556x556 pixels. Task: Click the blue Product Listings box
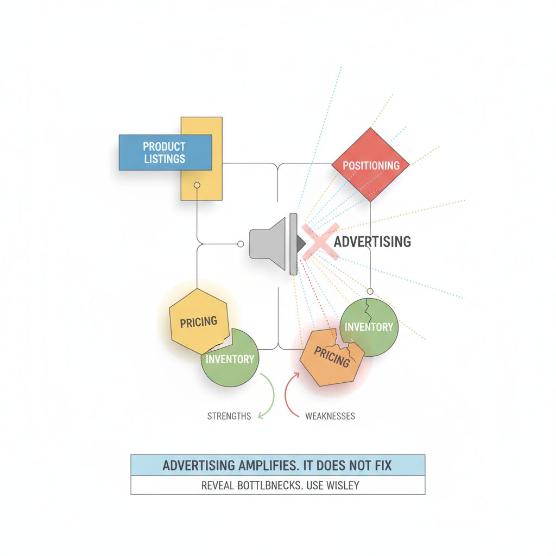[165, 153]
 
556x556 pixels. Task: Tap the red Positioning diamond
[370, 165]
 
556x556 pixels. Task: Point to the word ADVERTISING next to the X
[372, 242]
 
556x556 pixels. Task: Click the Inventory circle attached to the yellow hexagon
[230, 359]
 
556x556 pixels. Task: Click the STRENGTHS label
[229, 416]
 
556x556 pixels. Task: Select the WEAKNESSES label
[330, 416]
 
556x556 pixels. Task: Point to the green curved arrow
[266, 397]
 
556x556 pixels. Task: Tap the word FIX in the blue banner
[383, 466]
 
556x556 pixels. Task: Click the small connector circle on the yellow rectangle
[197, 185]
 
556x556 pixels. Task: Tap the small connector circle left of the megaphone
[239, 243]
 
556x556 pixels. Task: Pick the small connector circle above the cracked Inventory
[370, 291]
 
